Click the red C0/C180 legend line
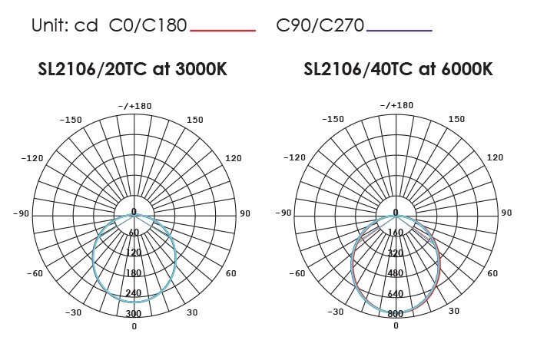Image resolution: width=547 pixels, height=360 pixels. tap(223, 31)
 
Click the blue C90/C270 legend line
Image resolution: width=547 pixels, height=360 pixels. tap(399, 31)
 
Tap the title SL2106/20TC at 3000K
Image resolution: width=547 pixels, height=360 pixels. tap(133, 69)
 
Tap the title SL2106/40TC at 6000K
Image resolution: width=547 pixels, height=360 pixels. tap(398, 69)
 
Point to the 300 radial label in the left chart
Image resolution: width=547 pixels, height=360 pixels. tap(134, 313)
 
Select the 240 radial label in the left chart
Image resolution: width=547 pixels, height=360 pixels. tap(134, 292)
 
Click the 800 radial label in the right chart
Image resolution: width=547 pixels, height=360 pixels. tap(396, 313)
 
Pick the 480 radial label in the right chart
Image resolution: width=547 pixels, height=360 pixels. tap(396, 272)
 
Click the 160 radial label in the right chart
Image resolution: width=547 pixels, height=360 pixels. tap(396, 232)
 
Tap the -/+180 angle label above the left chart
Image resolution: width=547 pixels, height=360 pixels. tap(135, 106)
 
